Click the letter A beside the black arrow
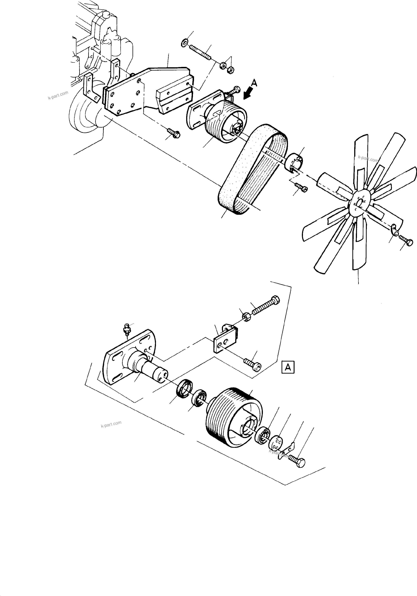pos(254,83)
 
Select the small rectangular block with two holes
pos(225,339)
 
